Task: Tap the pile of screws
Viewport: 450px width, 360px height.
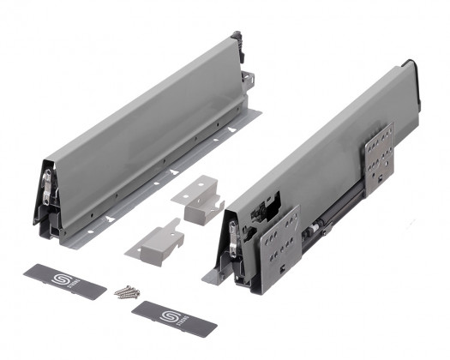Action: click(125, 291)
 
